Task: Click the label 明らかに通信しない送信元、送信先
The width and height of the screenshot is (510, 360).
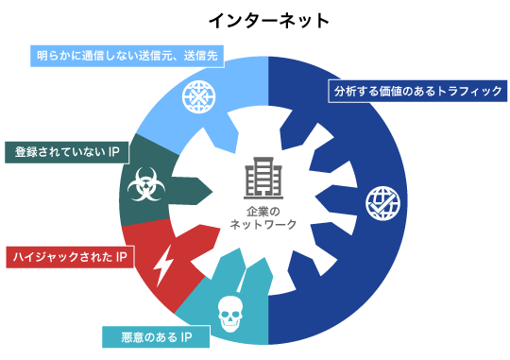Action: [x=127, y=56]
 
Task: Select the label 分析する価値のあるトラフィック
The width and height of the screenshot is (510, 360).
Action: [x=418, y=91]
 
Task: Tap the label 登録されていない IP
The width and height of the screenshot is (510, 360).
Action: [x=66, y=152]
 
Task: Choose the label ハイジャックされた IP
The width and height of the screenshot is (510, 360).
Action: [x=70, y=257]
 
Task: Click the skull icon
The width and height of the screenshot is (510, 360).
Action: [x=230, y=313]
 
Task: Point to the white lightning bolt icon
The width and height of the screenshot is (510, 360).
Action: [x=163, y=266]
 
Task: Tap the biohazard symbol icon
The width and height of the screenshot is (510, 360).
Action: [x=144, y=184]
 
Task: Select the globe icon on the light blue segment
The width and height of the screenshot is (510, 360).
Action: [x=198, y=97]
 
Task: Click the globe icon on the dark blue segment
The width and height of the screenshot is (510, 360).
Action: [x=382, y=202]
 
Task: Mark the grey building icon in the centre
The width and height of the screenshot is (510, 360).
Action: [x=263, y=179]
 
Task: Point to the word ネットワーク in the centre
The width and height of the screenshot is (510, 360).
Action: [x=263, y=225]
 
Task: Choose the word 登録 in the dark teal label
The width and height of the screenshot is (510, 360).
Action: [x=25, y=152]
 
